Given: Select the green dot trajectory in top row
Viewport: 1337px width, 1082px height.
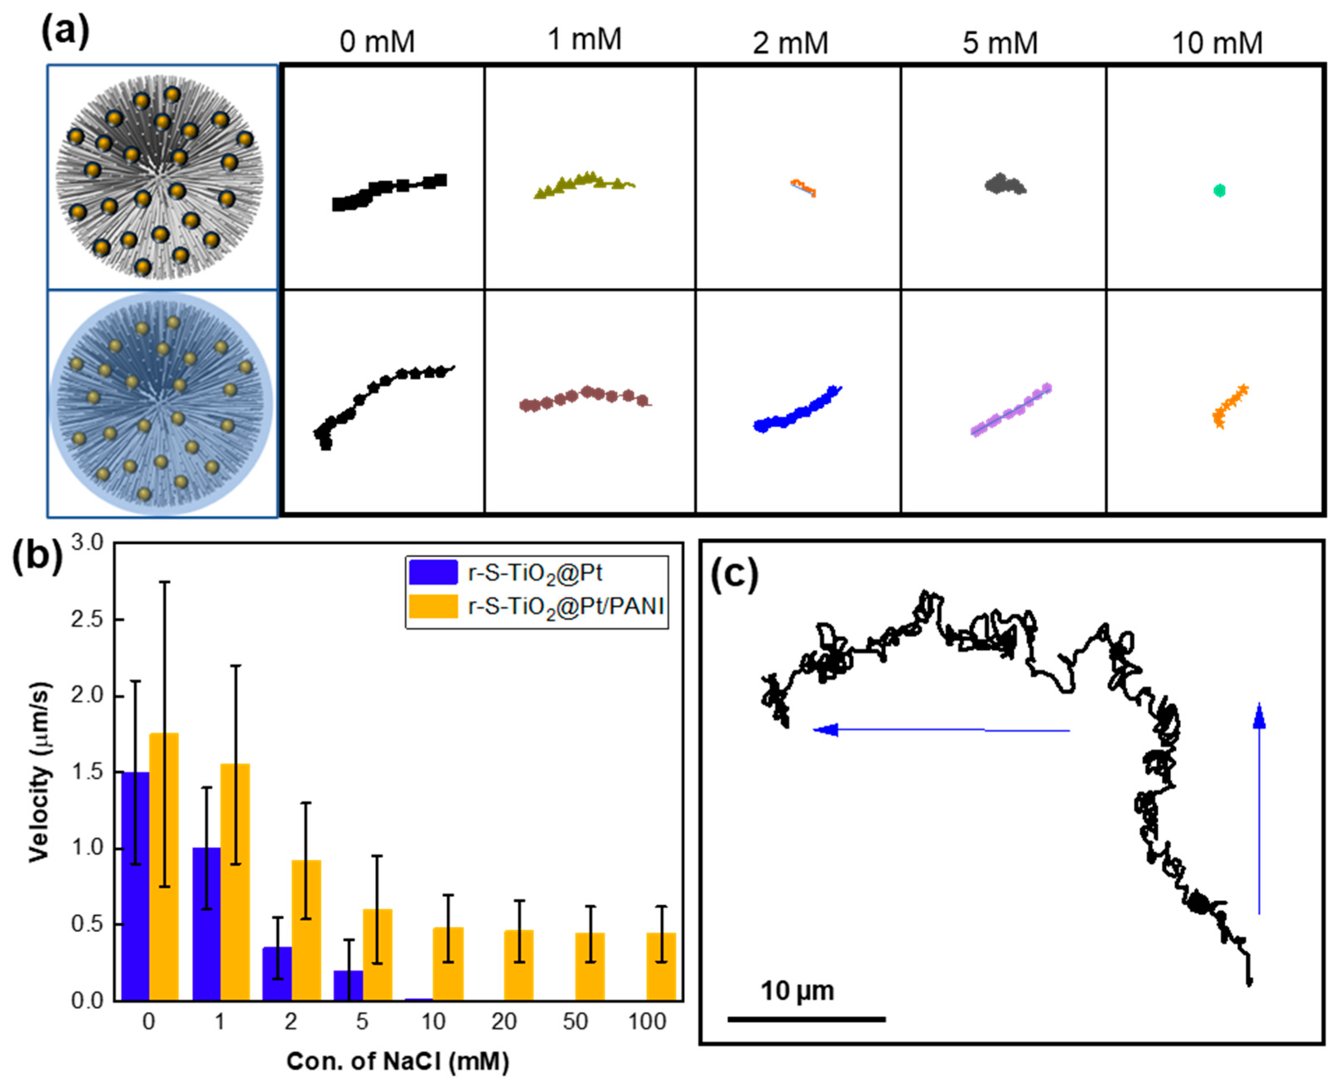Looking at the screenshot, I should (1219, 191).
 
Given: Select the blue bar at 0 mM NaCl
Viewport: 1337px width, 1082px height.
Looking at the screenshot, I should (135, 885).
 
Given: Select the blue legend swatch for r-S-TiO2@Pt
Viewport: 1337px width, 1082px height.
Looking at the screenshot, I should (433, 572).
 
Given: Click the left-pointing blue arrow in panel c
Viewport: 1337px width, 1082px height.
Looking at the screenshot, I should (941, 730).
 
